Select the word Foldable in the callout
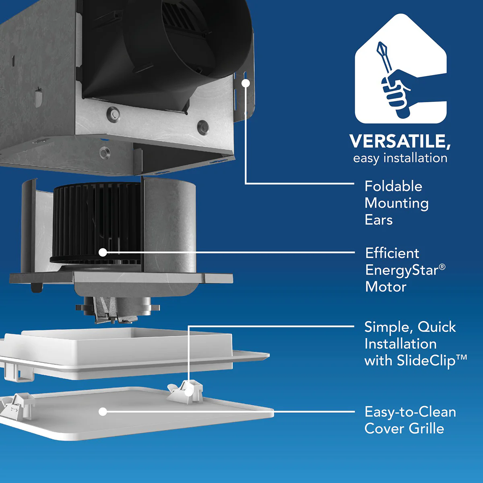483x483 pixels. pyautogui.click(x=393, y=186)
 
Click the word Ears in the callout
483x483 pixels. pyautogui.click(x=378, y=220)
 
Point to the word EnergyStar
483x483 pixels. pyautogui.click(x=402, y=270)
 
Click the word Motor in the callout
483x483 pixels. pyautogui.click(x=386, y=287)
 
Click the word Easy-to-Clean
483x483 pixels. pyautogui.click(x=410, y=412)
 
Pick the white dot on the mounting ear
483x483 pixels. pyautogui.click(x=246, y=83)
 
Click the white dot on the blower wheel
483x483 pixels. pyautogui.click(x=103, y=252)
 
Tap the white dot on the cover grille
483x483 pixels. pyautogui.click(x=103, y=412)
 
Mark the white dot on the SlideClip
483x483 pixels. pyautogui.click(x=189, y=392)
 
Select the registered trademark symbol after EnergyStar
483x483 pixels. pyautogui.click(x=442, y=267)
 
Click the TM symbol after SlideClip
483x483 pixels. pyautogui.click(x=462, y=357)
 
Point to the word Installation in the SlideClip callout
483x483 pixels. pyautogui.click(x=400, y=344)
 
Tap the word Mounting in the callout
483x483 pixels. pyautogui.click(x=396, y=204)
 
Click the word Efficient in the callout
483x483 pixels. pyautogui.click(x=392, y=254)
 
